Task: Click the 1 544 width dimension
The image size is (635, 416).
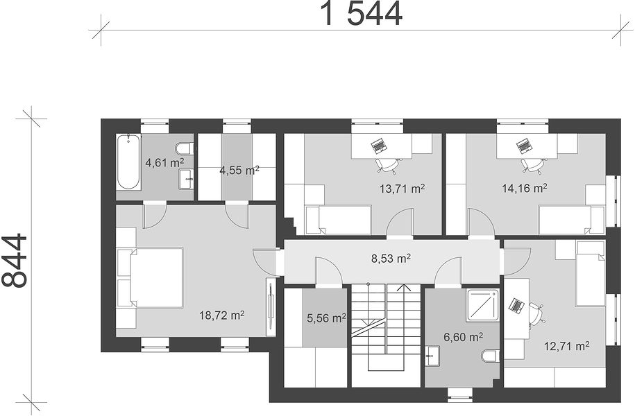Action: (362, 13)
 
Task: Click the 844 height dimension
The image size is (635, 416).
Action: (15, 261)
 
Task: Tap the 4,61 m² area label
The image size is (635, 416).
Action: (165, 163)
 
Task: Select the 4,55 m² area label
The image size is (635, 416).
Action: (239, 170)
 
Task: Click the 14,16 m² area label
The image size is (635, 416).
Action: (525, 188)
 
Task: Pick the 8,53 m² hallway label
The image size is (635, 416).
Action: (391, 258)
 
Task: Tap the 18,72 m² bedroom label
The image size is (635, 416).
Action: (221, 315)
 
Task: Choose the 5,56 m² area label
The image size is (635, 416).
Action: (326, 318)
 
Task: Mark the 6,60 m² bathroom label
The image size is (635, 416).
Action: (464, 337)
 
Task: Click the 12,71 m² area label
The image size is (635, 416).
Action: (566, 346)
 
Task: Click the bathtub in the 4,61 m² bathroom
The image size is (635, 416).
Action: (129, 162)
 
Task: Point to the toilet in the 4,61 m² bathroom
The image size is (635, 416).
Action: (185, 148)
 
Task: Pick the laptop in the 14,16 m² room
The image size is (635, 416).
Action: (523, 146)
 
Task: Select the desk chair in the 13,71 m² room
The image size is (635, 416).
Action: (387, 165)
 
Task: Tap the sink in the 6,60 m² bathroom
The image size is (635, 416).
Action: (433, 356)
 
